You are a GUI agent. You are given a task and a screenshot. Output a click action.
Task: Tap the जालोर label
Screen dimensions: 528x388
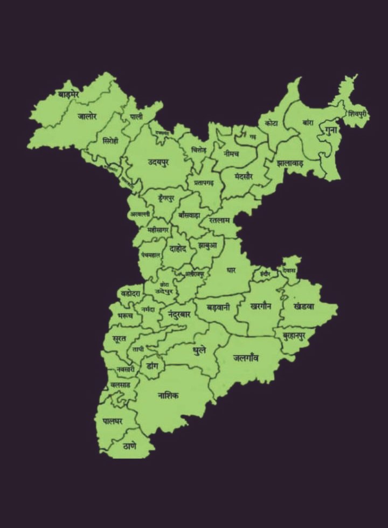click(87, 116)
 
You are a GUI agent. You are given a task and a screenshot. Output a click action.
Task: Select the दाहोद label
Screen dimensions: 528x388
click(178, 249)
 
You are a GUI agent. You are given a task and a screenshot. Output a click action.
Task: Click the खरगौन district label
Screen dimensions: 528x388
click(261, 305)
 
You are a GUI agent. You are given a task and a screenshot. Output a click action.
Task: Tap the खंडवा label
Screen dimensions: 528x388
click(304, 305)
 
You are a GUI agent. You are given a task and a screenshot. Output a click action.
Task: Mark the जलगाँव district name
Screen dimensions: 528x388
click(246, 357)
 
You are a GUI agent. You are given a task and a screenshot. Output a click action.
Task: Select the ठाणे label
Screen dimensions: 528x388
click(129, 446)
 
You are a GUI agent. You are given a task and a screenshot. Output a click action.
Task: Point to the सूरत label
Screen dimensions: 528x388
click(119, 338)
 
